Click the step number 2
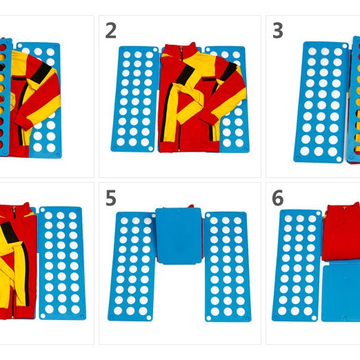click(x=110, y=30)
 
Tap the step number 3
click(x=277, y=30)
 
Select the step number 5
click(x=110, y=197)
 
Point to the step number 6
click(x=277, y=197)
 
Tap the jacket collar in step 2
click(x=188, y=51)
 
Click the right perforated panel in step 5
click(x=228, y=266)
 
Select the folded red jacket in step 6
click(x=341, y=232)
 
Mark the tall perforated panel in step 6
click(x=297, y=266)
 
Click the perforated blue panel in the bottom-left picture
click(x=61, y=262)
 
